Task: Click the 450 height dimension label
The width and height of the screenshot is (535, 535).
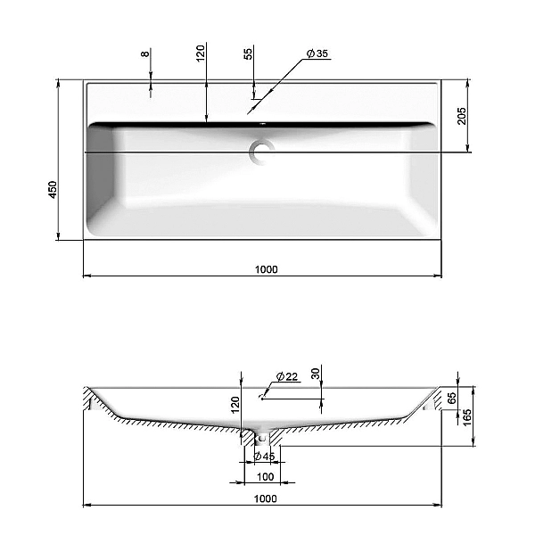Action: click(x=53, y=190)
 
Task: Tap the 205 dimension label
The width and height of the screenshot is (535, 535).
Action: click(x=461, y=116)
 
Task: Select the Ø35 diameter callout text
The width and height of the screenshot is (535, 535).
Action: click(x=317, y=53)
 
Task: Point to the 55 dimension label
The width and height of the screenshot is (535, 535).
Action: click(x=249, y=53)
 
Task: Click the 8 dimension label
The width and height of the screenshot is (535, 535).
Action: click(x=145, y=53)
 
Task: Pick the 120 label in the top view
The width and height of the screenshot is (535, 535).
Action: click(x=201, y=53)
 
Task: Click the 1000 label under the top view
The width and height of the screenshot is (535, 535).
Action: click(x=267, y=269)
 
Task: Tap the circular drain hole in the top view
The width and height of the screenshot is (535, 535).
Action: click(x=261, y=152)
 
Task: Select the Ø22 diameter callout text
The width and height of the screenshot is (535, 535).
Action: click(x=287, y=376)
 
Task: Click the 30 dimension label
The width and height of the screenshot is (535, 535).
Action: click(x=316, y=374)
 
